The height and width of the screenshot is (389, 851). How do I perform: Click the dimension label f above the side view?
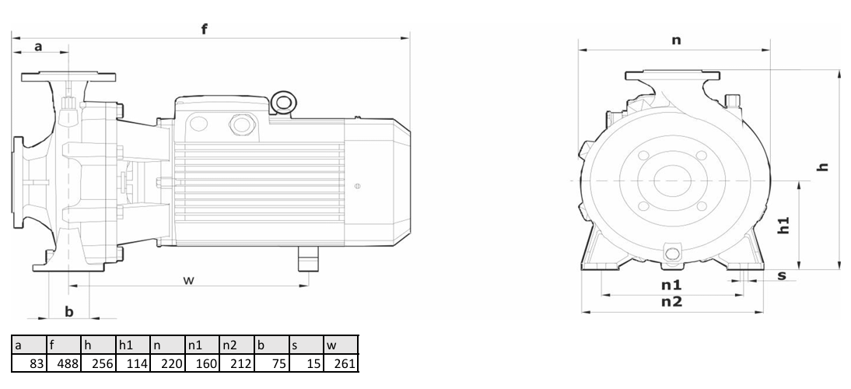[204, 29]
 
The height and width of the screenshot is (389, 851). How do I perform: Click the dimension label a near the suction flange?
[38, 47]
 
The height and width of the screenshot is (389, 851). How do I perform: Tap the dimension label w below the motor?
[188, 280]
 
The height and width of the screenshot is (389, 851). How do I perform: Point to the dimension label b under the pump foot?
[69, 311]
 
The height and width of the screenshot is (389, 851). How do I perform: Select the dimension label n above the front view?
[676, 40]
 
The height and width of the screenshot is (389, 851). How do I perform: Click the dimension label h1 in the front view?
[783, 225]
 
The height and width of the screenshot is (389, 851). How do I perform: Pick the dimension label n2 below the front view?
[671, 302]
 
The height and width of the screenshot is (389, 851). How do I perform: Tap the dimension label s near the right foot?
[782, 275]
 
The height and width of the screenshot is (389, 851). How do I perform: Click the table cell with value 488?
[64, 363]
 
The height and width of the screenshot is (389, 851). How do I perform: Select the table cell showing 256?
[98, 363]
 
